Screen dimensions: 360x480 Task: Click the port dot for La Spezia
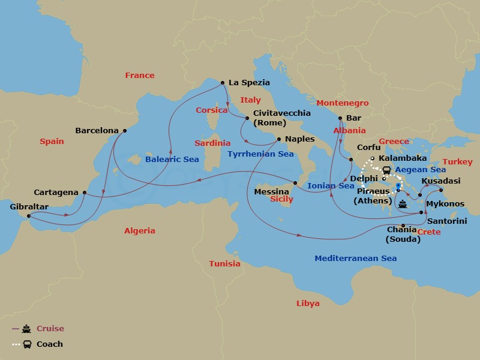click(x=223, y=83)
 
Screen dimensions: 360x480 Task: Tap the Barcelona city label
click(x=96, y=130)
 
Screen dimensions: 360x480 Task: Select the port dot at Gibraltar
click(x=29, y=216)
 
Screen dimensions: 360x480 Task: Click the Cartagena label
click(x=56, y=193)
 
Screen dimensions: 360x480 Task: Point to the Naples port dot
click(x=278, y=139)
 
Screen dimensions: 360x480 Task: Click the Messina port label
click(x=272, y=192)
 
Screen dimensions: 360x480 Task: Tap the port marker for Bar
click(x=340, y=118)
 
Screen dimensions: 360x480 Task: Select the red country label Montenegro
click(x=343, y=103)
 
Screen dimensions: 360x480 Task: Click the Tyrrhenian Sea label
click(x=260, y=154)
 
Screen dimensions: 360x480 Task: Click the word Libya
click(x=308, y=304)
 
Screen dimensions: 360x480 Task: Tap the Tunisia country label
click(x=224, y=264)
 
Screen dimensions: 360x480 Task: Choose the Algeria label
click(x=139, y=231)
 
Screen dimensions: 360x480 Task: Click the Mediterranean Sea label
click(x=356, y=259)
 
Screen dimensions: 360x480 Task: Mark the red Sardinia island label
click(x=212, y=143)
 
